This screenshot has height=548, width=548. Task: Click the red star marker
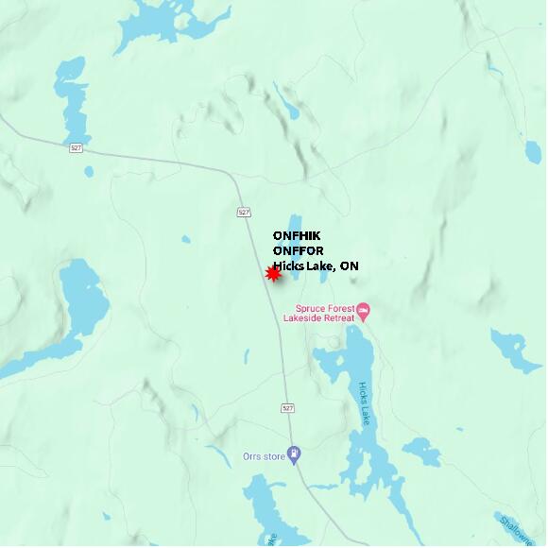click(273, 273)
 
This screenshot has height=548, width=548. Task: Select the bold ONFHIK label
click(297, 235)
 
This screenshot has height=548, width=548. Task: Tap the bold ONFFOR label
click(298, 250)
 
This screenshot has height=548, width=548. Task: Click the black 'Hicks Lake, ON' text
click(316, 266)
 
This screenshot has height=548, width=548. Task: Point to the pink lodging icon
click(363, 309)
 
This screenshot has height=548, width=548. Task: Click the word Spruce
click(311, 308)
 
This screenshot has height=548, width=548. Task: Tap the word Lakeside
click(301, 318)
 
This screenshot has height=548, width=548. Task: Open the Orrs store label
click(264, 457)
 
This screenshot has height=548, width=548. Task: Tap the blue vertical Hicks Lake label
click(364, 404)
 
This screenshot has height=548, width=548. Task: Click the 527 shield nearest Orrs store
click(288, 408)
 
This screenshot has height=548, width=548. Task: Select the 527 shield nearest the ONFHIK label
click(244, 212)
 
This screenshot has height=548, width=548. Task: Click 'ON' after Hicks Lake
click(350, 266)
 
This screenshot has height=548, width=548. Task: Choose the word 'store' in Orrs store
click(274, 457)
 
